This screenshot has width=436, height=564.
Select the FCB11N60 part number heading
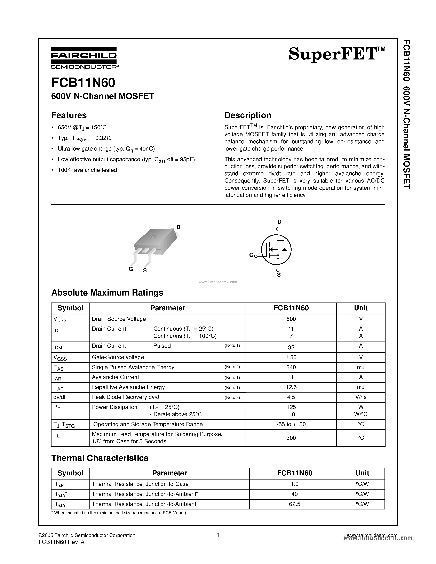83,83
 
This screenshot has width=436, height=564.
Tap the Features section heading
69,115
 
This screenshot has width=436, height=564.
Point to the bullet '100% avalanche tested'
87,170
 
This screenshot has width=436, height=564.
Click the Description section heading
247,115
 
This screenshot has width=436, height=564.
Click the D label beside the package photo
178,227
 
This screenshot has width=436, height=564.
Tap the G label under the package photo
131,269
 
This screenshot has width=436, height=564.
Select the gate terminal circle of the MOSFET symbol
256,256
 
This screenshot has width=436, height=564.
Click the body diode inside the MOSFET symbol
284,249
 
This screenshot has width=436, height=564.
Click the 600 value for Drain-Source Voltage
291,319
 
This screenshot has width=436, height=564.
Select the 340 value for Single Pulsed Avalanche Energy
291,367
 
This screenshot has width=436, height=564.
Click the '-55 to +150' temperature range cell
291,424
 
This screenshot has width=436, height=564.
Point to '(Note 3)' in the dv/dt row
232,397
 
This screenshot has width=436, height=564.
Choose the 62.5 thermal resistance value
294,504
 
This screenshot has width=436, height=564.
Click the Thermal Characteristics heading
100,458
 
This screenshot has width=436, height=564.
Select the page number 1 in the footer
218,535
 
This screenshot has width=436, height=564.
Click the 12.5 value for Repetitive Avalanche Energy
291,387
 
